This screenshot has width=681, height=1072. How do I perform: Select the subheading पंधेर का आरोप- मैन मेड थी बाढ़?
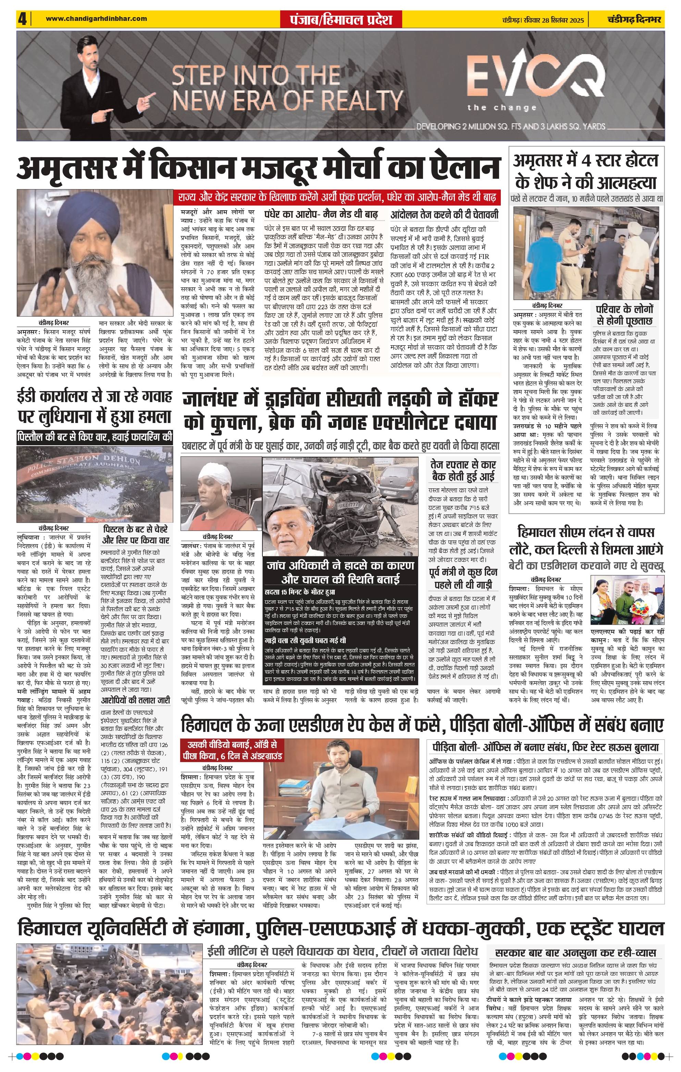(321, 215)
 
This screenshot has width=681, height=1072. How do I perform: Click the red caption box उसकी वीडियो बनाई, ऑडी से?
(232, 750)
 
